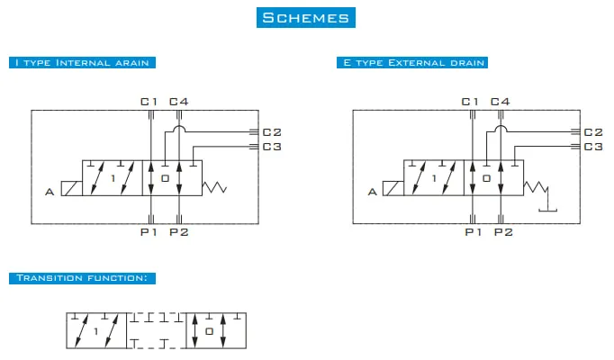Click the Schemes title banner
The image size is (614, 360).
306,18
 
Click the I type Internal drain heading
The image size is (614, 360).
82,63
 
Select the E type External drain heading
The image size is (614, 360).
412,63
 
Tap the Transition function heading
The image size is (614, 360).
82,278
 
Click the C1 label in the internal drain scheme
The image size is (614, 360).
149,102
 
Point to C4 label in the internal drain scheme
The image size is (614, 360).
179,102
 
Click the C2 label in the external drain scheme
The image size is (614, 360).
593,132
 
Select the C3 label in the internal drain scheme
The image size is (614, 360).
272,147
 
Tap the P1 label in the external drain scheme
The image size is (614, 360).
473,232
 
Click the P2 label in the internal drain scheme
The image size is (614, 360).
179,232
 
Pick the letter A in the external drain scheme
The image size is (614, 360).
373,192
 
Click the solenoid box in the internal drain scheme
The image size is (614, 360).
72,188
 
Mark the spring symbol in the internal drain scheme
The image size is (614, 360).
214,187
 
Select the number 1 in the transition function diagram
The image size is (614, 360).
96,332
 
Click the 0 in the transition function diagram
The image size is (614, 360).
210,331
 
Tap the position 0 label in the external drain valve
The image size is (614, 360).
486,178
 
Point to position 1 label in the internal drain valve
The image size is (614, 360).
113,178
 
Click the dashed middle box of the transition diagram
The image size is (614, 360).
157,330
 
